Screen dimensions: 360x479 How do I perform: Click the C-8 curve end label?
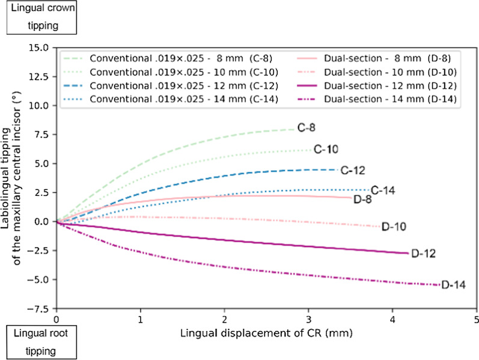pos(308,127)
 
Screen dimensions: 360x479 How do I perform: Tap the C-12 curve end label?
pos(353,170)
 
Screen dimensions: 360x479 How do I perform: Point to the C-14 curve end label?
pos(382,190)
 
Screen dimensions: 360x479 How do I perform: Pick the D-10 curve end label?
pos(395,227)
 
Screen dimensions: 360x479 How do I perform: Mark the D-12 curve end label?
pos(423,254)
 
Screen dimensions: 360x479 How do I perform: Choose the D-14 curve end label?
pos(453,285)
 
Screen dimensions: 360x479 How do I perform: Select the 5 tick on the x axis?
pos(476,319)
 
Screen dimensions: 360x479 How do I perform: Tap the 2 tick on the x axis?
pos(224,319)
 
